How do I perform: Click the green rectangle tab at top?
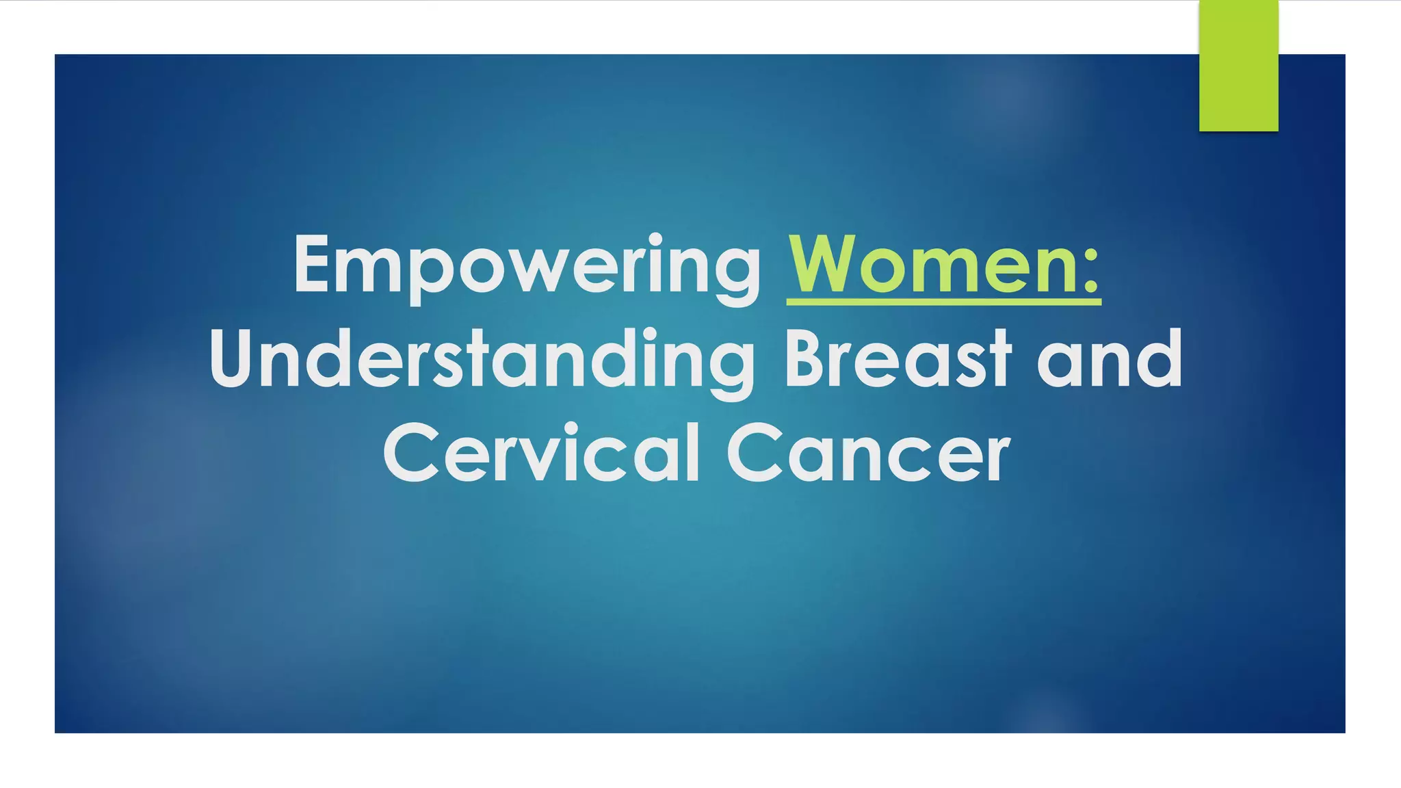click(x=1238, y=66)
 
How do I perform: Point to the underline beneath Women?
click(x=944, y=301)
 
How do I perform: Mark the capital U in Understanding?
click(x=233, y=358)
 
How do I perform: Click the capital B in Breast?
click(x=805, y=358)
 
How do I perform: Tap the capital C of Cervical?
click(x=410, y=453)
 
